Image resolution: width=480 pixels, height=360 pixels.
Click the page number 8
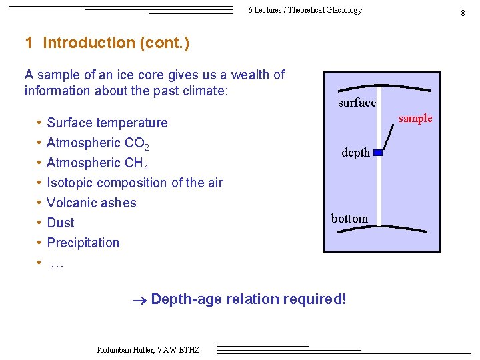462,13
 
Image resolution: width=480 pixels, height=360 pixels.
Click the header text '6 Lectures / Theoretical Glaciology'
305,10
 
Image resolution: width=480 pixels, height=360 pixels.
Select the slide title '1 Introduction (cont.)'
107,43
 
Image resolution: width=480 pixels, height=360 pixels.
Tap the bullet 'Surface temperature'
107,123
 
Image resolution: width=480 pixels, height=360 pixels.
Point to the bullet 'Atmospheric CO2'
97,143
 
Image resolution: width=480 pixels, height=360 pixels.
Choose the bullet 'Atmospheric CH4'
97,163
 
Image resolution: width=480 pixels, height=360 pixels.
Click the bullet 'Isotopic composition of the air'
135,183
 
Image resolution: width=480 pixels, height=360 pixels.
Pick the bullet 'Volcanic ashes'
91,203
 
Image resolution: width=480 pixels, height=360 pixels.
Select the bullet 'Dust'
61,223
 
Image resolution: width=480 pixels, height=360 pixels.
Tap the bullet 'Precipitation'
83,243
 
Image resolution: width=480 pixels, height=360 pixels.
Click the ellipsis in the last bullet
57,264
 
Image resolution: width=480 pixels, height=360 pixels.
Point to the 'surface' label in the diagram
357,103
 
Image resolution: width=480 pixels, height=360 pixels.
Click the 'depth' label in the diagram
355,153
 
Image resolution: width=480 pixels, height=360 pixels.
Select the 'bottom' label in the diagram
349,219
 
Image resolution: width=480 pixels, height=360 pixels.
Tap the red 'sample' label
415,119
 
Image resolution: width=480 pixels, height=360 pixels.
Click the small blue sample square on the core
377,153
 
